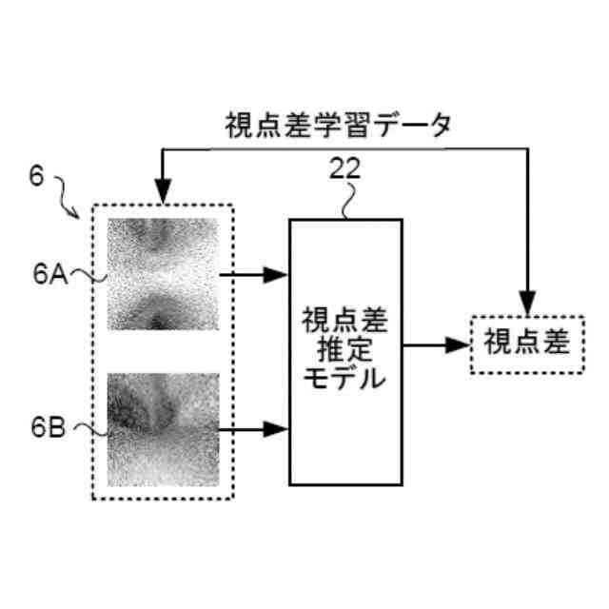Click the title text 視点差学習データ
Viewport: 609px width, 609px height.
click(x=338, y=125)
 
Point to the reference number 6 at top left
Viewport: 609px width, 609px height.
click(x=35, y=177)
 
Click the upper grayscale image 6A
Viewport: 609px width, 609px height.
click(x=163, y=274)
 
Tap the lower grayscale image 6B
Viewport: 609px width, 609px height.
click(x=163, y=429)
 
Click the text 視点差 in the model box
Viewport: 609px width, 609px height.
click(x=344, y=318)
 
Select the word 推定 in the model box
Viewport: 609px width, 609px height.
click(x=344, y=349)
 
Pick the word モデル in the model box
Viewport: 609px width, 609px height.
click(x=344, y=378)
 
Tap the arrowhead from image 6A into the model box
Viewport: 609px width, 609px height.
click(x=277, y=275)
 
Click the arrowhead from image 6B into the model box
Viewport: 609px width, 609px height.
click(x=277, y=429)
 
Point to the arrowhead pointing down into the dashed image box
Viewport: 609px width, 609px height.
click(x=163, y=192)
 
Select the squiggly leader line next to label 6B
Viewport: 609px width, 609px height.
click(x=87, y=430)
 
